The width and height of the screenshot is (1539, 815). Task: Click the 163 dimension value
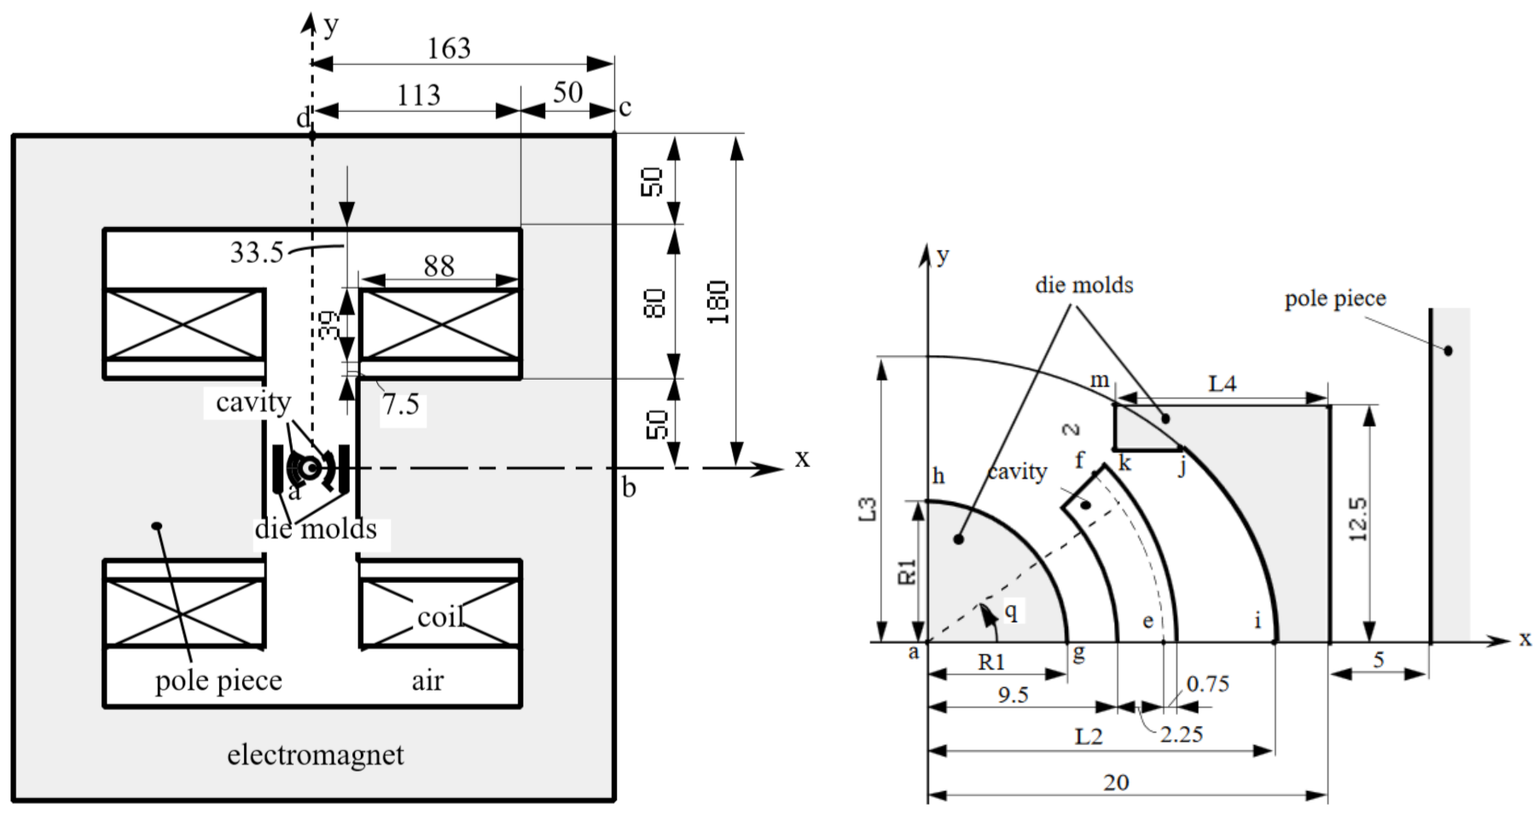coord(449,48)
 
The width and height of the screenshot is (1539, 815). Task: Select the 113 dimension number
coord(418,94)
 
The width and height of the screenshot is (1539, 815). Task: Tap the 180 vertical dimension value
coord(718,301)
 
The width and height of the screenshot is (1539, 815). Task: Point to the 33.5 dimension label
coord(256,253)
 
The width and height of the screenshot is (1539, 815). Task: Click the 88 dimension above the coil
coord(438,266)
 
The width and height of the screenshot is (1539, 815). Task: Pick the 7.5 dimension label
coord(401,405)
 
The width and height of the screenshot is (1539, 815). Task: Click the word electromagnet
coord(316,755)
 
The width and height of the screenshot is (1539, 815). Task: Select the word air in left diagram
coord(427,681)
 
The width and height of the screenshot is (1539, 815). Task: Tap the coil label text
coord(439,616)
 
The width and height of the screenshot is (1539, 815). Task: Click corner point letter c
coord(625,108)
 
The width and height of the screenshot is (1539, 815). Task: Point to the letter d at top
coord(302,119)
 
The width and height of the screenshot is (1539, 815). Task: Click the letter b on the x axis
coord(629,489)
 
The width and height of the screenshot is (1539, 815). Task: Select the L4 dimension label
coord(1222,384)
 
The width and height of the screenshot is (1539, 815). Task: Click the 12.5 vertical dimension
coord(1358,519)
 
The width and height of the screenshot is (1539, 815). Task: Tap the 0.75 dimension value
coord(1208,684)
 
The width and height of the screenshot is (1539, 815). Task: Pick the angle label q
coord(1011,610)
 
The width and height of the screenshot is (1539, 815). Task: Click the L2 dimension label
coord(1089,736)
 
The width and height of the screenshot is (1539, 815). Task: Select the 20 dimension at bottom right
coord(1116,783)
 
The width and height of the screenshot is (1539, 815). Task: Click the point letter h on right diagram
coord(938,476)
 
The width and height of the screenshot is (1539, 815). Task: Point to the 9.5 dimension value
coord(1013,695)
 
